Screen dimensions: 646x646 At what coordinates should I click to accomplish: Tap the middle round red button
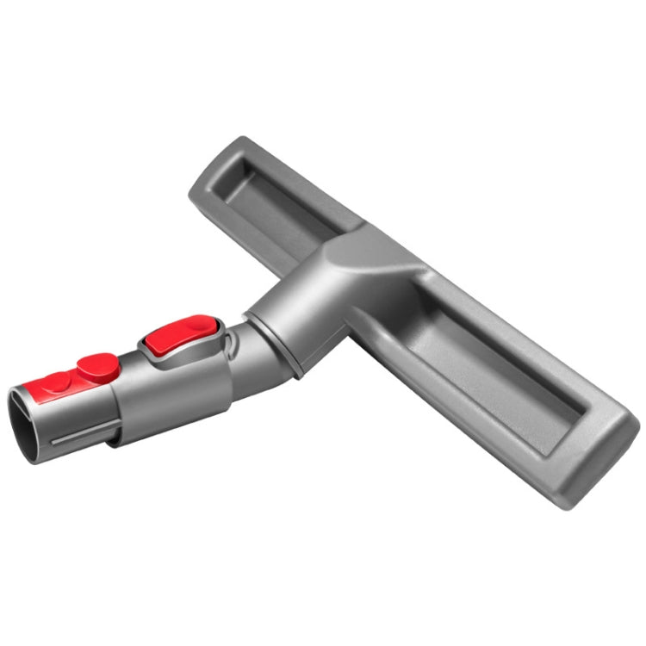pyautogui.click(x=97, y=367)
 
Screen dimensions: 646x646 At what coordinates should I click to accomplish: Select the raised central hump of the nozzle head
pyautogui.click(x=362, y=258)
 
